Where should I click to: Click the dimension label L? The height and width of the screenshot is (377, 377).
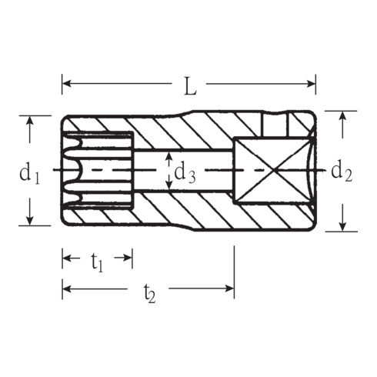[x=189, y=85]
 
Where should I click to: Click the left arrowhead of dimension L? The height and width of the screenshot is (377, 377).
[x=65, y=83]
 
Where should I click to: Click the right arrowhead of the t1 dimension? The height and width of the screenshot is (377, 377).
[x=129, y=259]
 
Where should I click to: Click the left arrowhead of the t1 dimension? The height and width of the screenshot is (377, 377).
[x=65, y=259]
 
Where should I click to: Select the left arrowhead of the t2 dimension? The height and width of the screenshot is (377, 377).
[x=65, y=289]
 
